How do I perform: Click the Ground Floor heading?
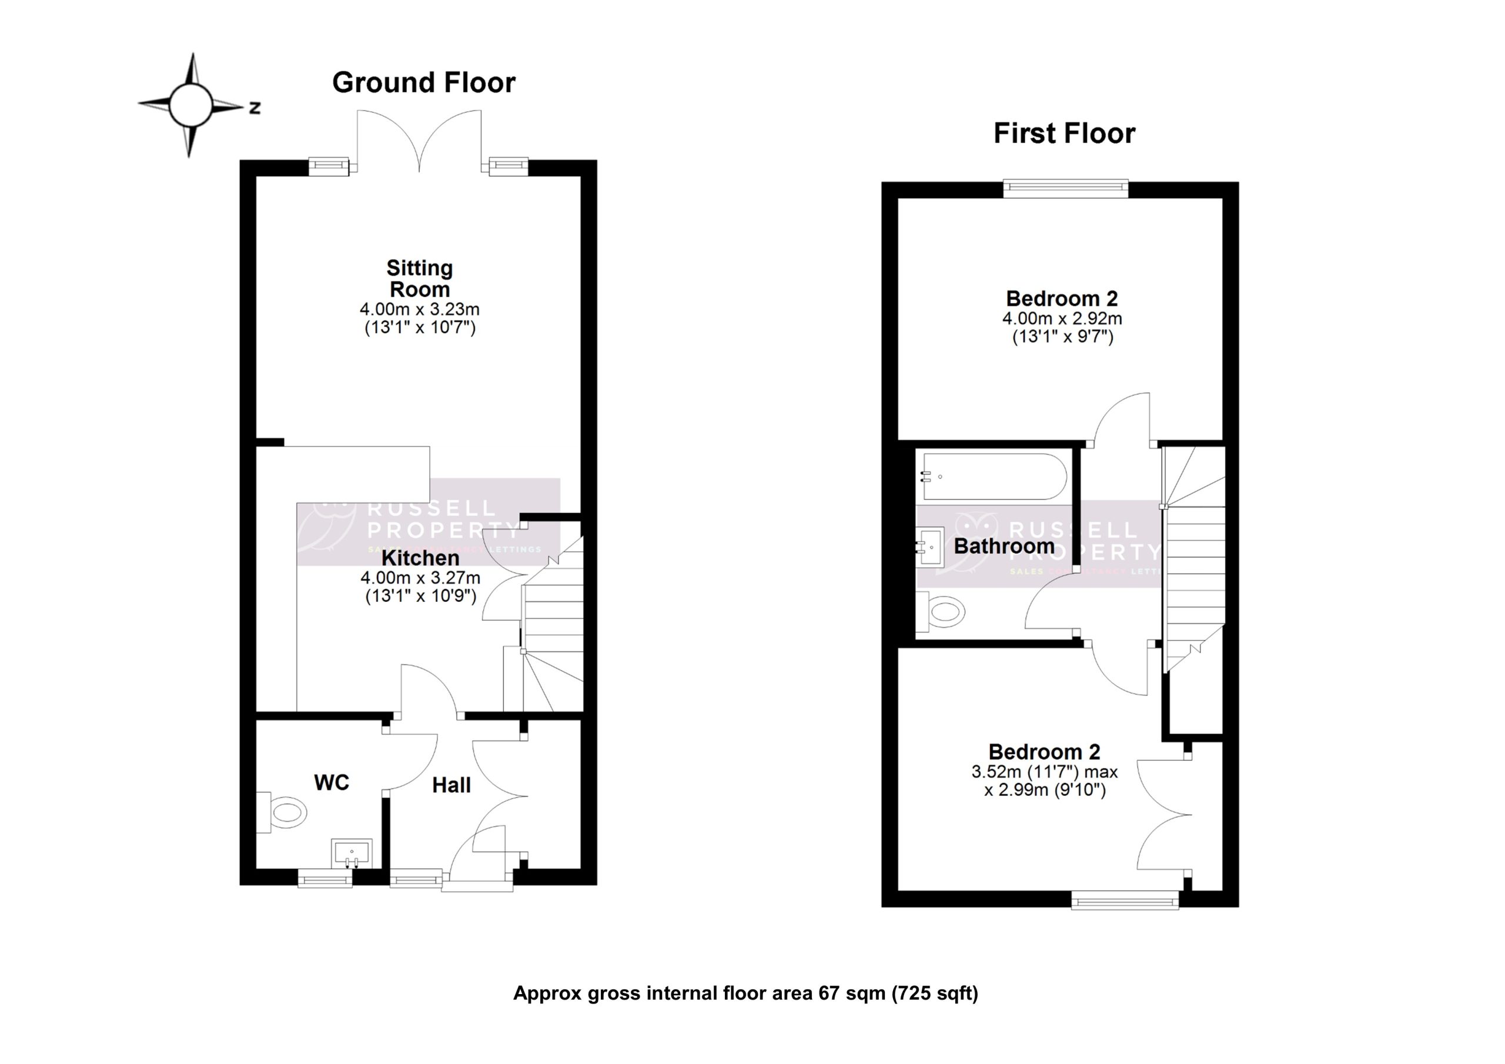(423, 83)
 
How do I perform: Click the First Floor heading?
(1064, 133)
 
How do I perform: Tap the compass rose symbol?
(190, 105)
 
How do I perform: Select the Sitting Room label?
(420, 279)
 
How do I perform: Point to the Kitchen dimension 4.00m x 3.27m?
(420, 578)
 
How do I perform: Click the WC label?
(332, 782)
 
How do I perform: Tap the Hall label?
(451, 785)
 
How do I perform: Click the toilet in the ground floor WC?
(286, 813)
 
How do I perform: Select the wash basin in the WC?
(352, 853)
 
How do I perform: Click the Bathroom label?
(1004, 546)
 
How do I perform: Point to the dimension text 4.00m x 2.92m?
(1062, 319)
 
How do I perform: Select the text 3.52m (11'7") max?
(1044, 772)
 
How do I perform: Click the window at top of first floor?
(1066, 189)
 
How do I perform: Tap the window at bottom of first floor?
(1125, 900)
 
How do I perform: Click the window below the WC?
(325, 878)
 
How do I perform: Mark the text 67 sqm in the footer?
(851, 993)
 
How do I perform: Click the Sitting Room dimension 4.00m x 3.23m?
(420, 309)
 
